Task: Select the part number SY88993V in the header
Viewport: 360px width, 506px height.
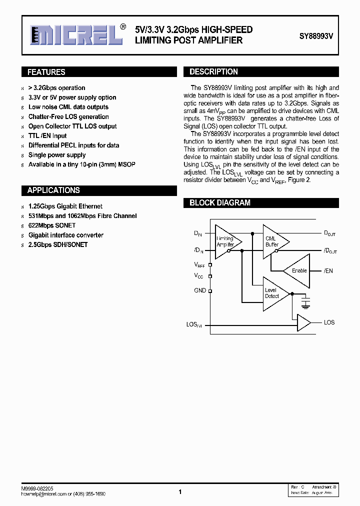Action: click(x=316, y=36)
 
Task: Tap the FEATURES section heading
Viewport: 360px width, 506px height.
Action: click(x=46, y=72)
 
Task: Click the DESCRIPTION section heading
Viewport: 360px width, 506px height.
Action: click(x=213, y=71)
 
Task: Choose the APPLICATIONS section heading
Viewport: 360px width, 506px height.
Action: click(x=53, y=190)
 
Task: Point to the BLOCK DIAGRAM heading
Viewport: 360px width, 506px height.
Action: click(x=219, y=203)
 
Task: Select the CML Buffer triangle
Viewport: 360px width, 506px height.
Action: click(x=274, y=241)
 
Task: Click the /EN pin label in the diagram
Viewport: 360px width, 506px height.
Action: click(x=328, y=270)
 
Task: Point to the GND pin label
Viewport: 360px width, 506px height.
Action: click(x=200, y=290)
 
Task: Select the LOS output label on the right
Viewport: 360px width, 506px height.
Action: click(x=329, y=322)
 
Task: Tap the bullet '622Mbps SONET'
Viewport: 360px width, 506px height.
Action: click(x=51, y=225)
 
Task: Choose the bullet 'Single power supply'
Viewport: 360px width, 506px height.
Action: click(x=57, y=155)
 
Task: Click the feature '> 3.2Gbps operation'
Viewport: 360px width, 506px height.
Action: click(x=56, y=88)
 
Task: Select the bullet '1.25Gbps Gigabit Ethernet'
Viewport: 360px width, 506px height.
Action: click(x=65, y=206)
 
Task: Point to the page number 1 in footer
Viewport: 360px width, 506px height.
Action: click(x=179, y=492)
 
